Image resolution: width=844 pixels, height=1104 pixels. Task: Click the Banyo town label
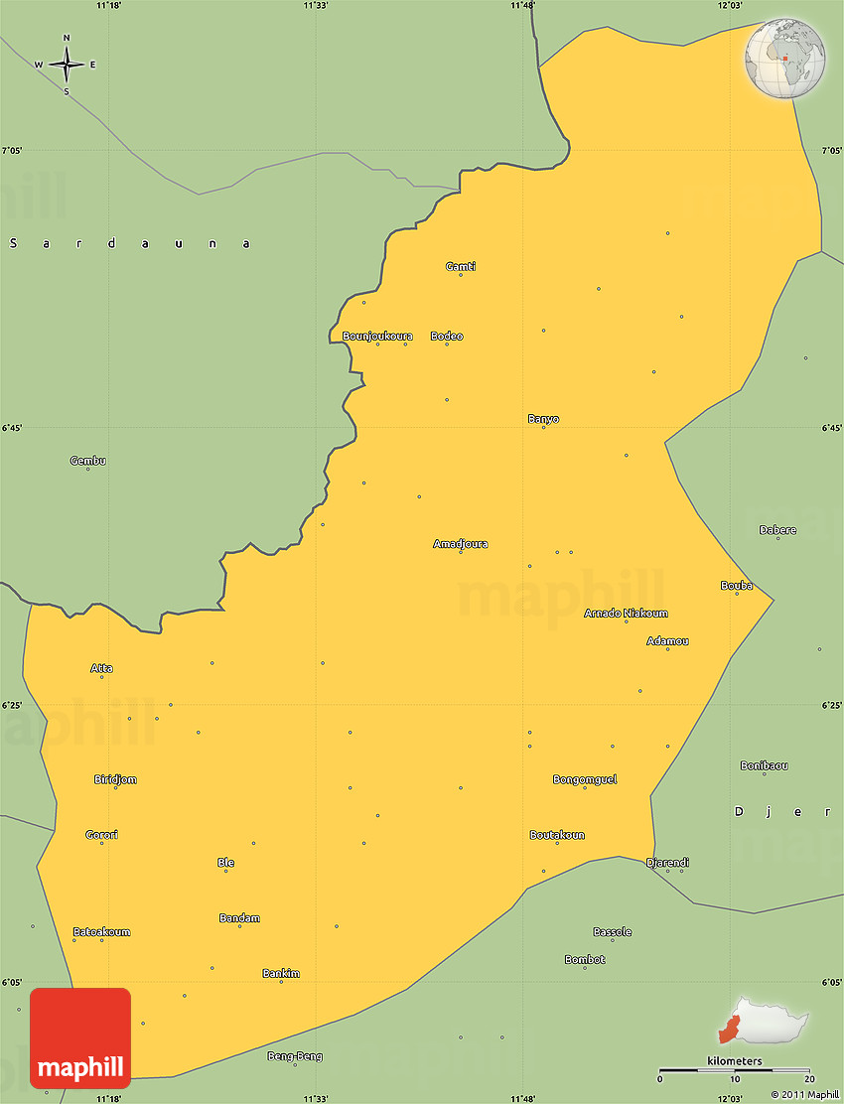point(542,419)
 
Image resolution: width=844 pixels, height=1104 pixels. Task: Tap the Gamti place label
point(460,266)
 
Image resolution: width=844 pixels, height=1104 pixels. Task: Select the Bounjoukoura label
point(377,336)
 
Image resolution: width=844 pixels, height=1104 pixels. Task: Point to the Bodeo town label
point(446,336)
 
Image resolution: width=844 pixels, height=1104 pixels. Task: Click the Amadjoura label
point(460,544)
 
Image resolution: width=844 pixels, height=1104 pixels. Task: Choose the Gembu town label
point(87,461)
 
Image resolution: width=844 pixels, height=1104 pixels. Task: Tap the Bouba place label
point(736,586)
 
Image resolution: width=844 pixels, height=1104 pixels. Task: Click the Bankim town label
point(281,974)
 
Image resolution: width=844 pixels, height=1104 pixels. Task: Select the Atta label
point(101,668)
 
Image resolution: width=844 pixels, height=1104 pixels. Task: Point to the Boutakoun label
point(556,835)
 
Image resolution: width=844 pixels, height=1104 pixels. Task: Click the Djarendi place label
point(667,863)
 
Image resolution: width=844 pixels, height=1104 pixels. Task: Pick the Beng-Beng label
point(295,1056)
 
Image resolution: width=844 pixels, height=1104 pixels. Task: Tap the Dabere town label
point(777,530)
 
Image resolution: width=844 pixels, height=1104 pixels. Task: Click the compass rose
point(67,66)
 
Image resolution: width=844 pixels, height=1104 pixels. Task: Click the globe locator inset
point(784,58)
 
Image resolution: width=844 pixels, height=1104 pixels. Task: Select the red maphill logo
point(80,1038)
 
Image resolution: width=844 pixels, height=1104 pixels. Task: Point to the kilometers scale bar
point(735,1070)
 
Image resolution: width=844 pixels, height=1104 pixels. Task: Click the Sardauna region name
point(129,243)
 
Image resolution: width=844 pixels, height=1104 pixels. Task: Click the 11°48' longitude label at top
point(522,6)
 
